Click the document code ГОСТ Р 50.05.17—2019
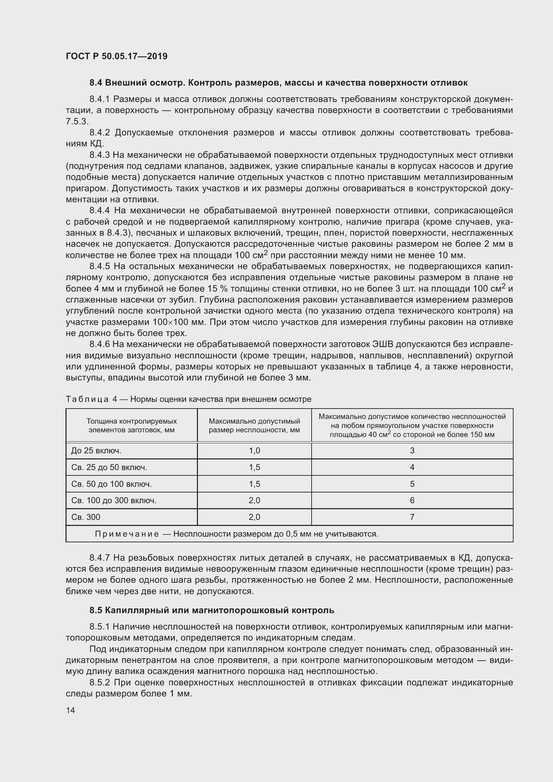pos(116,56)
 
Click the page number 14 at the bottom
pos(71,710)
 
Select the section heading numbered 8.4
pos(278,83)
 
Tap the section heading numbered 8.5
pos(211,610)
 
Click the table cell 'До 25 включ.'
pos(96,451)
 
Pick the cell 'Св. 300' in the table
pos(86,517)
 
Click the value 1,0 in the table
pos(254,451)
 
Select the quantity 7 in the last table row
pos(412,517)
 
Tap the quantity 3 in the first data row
pos(412,451)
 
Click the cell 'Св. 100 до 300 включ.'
pos(114,500)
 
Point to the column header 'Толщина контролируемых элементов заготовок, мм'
pos(131,425)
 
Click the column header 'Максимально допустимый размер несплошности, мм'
pos(254,425)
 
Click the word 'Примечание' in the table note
pos(127,534)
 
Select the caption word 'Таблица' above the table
pos(88,399)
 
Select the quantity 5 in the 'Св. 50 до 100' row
pos(412,484)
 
